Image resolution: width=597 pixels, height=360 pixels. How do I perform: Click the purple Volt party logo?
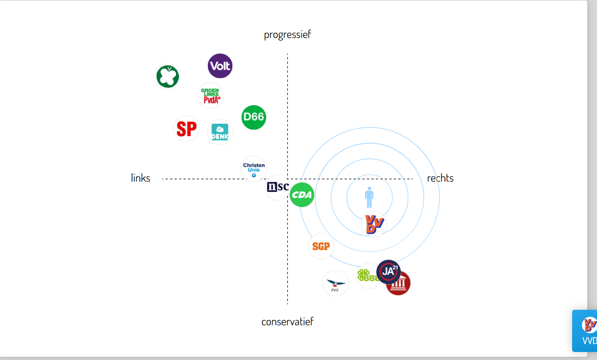pos(220,66)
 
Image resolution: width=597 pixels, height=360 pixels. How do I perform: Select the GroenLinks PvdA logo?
pos(210,95)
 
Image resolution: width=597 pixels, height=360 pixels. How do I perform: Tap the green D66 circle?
pos(254,117)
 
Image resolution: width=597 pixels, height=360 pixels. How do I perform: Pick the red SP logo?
pos(187,129)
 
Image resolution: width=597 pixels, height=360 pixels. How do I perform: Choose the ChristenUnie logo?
pos(254,169)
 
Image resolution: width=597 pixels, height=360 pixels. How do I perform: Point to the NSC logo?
pos(277,187)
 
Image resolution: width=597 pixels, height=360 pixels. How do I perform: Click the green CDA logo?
pos(302,195)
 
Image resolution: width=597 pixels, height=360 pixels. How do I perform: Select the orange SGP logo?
pos(321,246)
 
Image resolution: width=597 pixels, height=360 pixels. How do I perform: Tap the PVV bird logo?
pos(336,283)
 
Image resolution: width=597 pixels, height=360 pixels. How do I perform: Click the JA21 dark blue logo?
pos(389,271)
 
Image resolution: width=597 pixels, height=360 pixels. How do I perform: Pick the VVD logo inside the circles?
pos(374,224)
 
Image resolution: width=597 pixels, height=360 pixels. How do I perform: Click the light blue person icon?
pos(369,197)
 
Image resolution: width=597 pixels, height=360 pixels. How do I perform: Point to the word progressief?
pos(287,34)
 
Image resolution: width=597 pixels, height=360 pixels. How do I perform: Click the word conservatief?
pos(287,322)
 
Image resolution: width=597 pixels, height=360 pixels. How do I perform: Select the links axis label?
pos(141,178)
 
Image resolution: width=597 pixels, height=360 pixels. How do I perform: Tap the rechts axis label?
pos(440,178)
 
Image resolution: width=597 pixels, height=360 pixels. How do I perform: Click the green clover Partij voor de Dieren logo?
pos(168,77)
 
